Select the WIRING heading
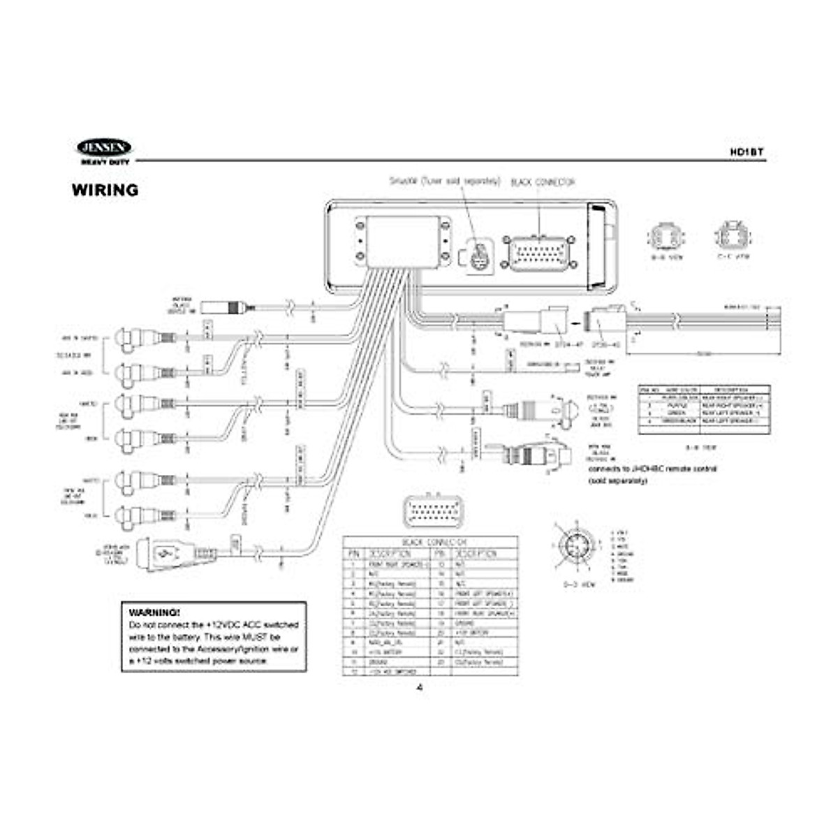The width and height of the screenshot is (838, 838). pos(105,190)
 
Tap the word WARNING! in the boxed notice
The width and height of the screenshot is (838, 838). pos(154,612)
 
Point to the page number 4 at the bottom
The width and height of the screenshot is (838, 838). pos(420,688)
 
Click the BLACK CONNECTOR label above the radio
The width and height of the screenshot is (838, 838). pos(543,182)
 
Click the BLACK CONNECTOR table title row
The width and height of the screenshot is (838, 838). pos(430,542)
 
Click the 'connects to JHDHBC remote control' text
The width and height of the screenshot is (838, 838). pos(653,469)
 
